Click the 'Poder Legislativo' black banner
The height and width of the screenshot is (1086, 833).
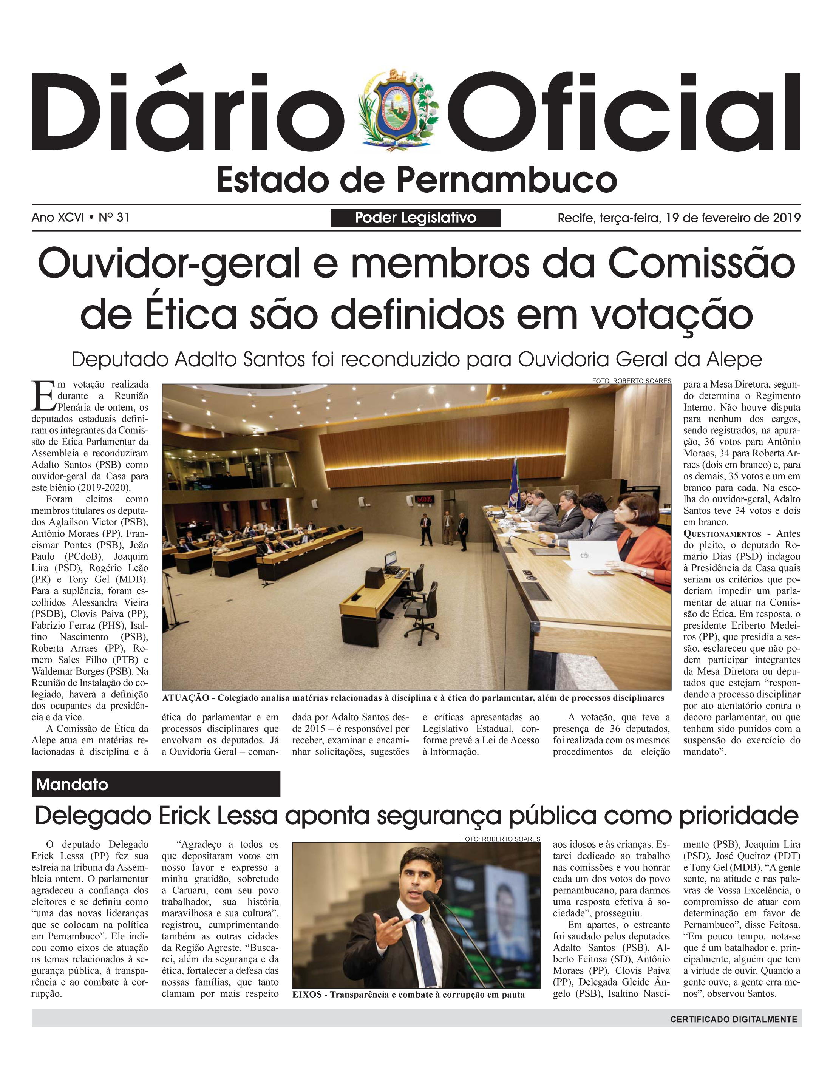coord(415,218)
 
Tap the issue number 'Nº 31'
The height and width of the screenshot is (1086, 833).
coord(114,217)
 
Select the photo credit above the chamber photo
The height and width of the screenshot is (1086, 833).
coord(631,381)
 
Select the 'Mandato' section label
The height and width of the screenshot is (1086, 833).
coord(73,784)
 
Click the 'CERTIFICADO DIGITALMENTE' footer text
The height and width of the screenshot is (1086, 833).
coord(733,1020)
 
